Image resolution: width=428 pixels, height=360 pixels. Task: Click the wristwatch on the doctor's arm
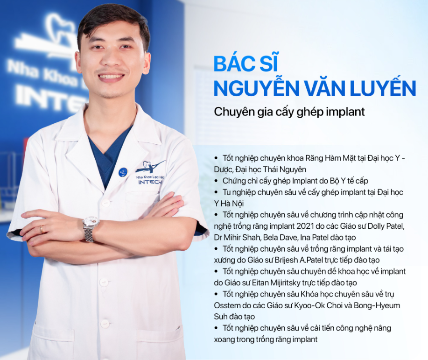point(90,228)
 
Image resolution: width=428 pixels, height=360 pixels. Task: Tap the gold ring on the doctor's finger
point(42,229)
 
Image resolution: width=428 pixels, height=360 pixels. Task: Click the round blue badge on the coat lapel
point(123,172)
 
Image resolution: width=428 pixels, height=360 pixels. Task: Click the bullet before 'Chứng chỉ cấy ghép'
point(215,180)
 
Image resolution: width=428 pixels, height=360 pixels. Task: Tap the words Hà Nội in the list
point(233,203)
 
